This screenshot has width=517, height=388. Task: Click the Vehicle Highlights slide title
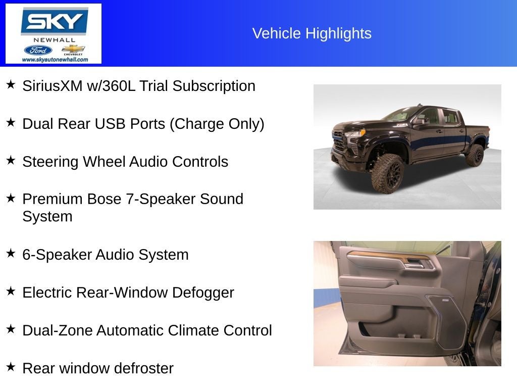point(312,33)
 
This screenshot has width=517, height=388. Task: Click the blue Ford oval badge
point(38,50)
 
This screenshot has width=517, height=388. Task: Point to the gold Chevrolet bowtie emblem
point(74,49)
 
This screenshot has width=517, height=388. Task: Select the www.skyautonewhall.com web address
point(55,60)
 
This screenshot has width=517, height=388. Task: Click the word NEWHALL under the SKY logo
point(54,40)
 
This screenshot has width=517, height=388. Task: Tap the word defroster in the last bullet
point(143,368)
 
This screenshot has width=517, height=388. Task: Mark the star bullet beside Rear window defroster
point(11,367)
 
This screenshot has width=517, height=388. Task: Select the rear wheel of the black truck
point(475,155)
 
